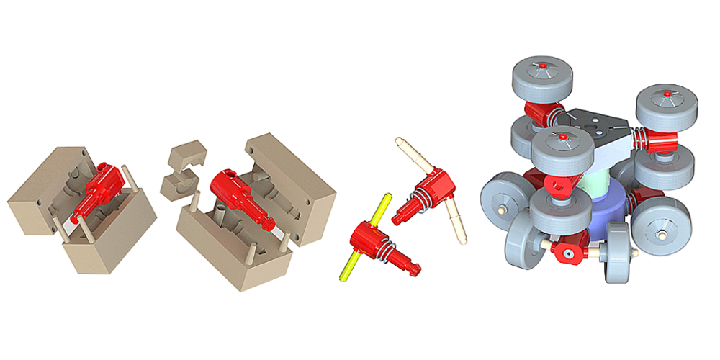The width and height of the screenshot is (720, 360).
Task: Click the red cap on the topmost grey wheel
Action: tap(544, 66)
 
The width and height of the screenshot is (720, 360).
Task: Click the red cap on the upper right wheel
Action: tap(667, 94)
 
